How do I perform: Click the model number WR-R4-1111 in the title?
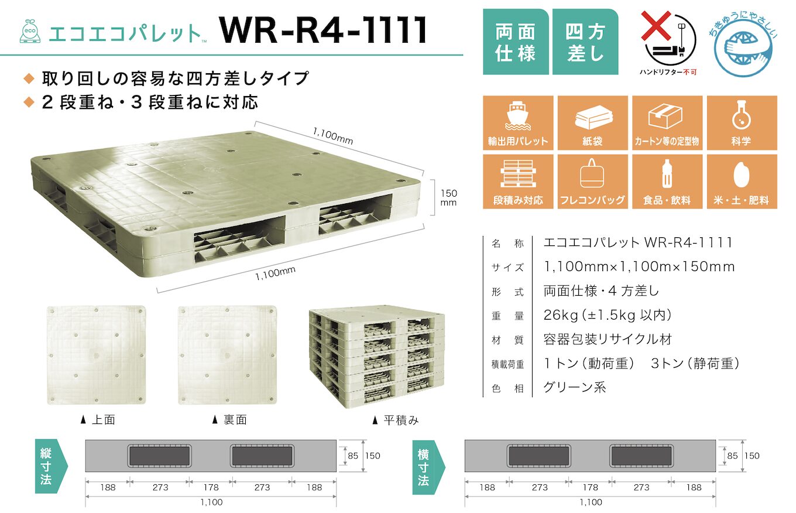click(324, 30)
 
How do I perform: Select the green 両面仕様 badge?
click(515, 42)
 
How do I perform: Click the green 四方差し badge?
click(585, 42)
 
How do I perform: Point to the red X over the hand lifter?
click(657, 27)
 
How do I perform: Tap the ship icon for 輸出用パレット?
click(517, 116)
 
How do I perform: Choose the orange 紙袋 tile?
click(592, 123)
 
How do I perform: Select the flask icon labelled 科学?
click(742, 115)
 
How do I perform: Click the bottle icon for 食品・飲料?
click(667, 175)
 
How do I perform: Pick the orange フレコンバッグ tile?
click(592, 182)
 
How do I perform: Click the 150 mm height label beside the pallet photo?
click(448, 197)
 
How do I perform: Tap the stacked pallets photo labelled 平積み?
click(376, 356)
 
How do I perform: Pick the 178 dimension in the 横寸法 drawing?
click(591, 487)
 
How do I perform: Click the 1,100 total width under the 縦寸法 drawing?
click(211, 502)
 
